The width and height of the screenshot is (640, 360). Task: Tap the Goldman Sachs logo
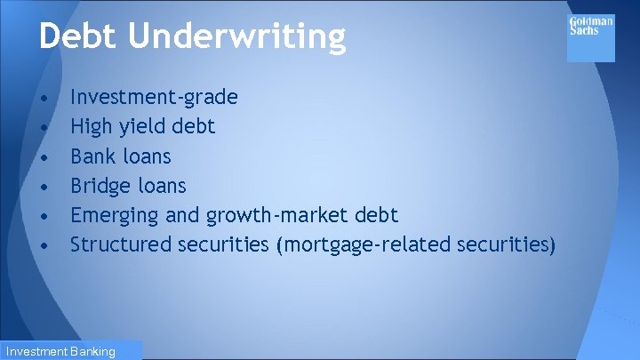pos(590,37)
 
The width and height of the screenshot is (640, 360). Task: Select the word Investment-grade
pos(154,97)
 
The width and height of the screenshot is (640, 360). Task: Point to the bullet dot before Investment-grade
pos(44,97)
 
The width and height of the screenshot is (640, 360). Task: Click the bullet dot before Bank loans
pos(44,156)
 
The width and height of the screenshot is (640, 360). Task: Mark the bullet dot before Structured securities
pos(44,244)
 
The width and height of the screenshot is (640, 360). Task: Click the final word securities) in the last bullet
pos(507,244)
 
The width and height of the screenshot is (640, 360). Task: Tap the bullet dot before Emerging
pos(44,216)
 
